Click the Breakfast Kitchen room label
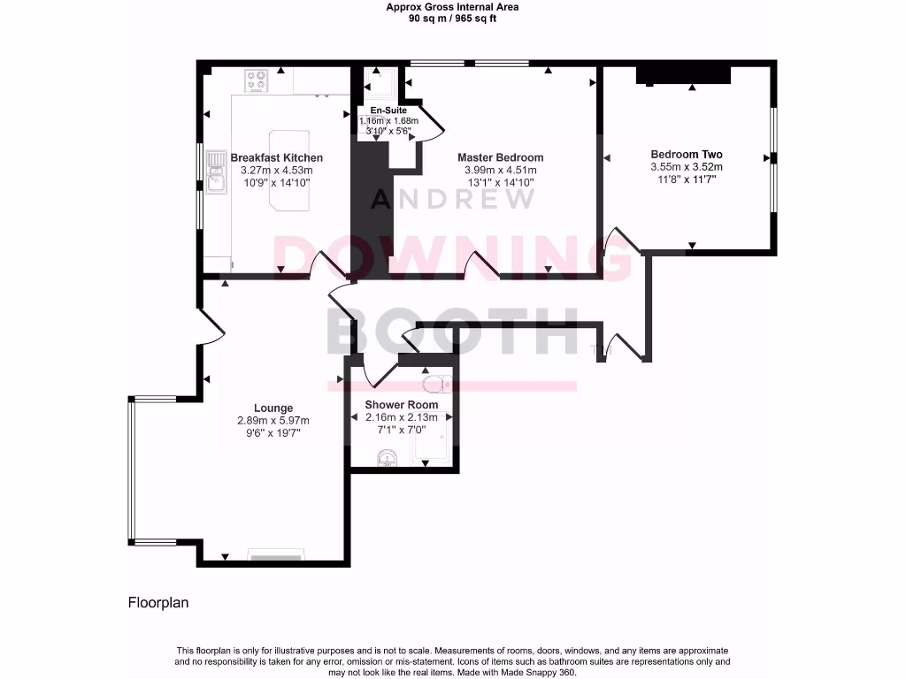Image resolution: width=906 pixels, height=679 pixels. pos(277,157)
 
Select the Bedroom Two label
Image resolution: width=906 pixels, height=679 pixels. pos(686,153)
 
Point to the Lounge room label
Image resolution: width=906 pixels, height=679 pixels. pos(273,408)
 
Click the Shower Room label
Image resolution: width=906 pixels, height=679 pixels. pos(402,405)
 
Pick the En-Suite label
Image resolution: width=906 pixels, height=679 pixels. pos(388,110)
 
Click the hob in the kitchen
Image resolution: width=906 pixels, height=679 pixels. pos(257,82)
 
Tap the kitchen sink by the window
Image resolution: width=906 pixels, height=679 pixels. pos(216,172)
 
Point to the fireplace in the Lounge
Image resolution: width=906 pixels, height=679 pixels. pos(275,556)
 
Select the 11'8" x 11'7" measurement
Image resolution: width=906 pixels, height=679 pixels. pos(686,179)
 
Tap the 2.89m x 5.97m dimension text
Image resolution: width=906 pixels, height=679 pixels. pos(273,421)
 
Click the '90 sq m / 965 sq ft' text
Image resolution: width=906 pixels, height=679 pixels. pos(452,18)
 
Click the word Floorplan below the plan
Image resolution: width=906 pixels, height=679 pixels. pos(158,603)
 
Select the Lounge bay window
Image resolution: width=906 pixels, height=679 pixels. pos(133,469)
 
